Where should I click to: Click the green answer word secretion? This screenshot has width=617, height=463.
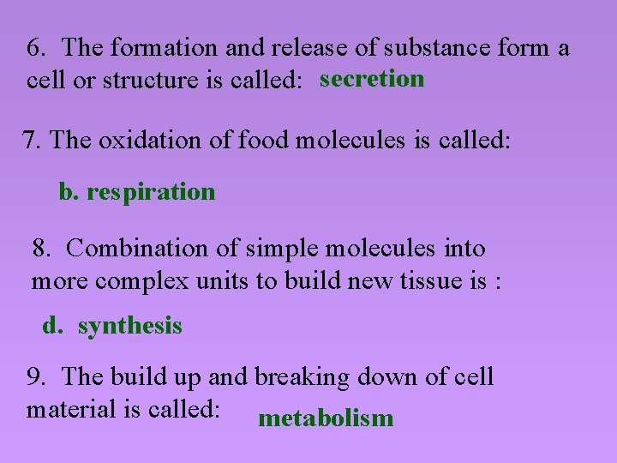(372, 79)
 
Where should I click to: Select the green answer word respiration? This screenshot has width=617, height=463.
(151, 191)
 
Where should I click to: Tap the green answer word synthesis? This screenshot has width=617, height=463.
(129, 326)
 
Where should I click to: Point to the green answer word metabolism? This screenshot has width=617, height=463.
(326, 418)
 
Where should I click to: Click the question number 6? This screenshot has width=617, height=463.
(36, 48)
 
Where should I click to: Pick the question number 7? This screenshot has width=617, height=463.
(31, 140)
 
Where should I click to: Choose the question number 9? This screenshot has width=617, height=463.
(35, 376)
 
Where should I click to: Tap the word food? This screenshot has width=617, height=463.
(263, 140)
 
